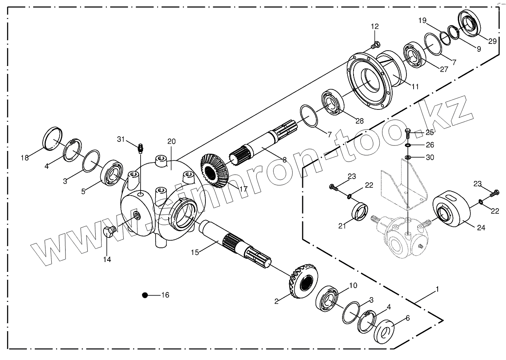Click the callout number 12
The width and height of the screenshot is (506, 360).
[374, 26]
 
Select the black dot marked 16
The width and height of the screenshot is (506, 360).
[145, 295]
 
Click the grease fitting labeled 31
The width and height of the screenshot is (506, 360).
[140, 149]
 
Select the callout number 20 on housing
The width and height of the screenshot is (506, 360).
[171, 141]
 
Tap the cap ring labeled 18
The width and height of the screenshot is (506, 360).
[53, 138]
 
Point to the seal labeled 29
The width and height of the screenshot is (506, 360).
[469, 23]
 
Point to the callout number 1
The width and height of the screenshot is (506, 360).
[437, 290]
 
